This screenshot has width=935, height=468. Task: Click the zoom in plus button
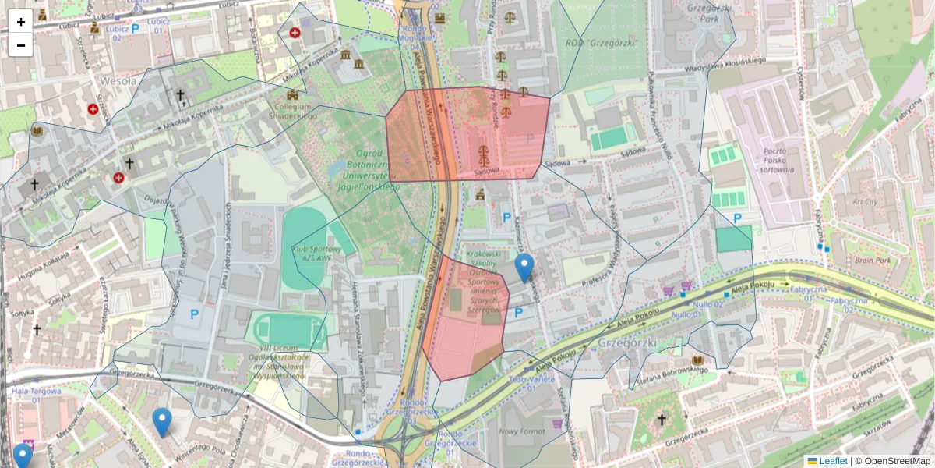[21, 22]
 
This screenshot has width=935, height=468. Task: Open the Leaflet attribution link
[832, 461]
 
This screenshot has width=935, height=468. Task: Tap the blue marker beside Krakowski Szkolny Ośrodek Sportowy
[525, 267]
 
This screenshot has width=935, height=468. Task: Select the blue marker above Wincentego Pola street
[161, 421]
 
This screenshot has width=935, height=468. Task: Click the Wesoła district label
[118, 80]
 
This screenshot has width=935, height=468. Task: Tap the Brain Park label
[872, 261]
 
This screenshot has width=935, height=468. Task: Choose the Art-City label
[865, 201]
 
